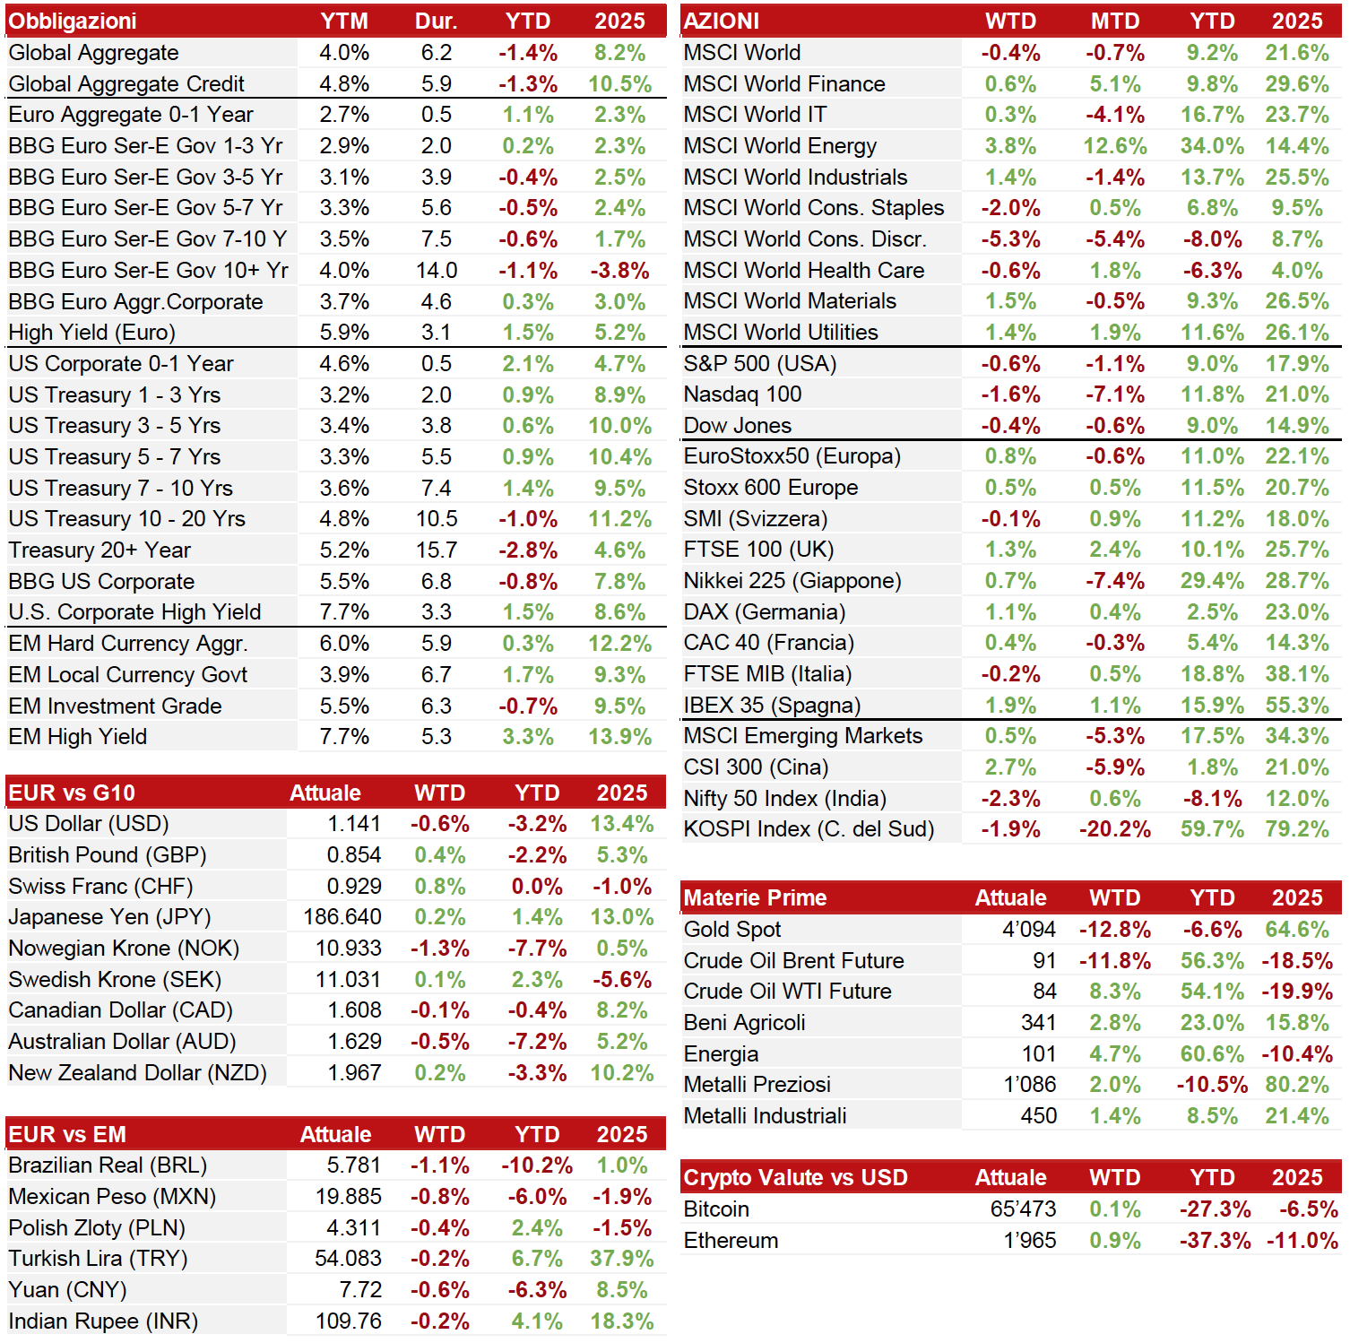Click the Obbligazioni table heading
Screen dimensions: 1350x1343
pyautogui.click(x=73, y=21)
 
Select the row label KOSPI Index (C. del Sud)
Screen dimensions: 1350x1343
pyautogui.click(x=809, y=829)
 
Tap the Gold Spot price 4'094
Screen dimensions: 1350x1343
pyautogui.click(x=1029, y=930)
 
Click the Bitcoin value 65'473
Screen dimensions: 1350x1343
pyautogui.click(x=1023, y=1209)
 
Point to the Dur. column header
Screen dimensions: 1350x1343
pyautogui.click(x=437, y=21)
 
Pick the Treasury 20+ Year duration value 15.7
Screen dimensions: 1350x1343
pyautogui.click(x=437, y=550)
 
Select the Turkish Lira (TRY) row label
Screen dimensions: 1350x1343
pyautogui.click(x=98, y=1259)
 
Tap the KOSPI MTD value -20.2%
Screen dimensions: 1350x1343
pyautogui.click(x=1115, y=829)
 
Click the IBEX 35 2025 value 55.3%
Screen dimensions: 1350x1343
pyautogui.click(x=1297, y=706)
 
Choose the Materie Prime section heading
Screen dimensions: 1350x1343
pyautogui.click(x=756, y=898)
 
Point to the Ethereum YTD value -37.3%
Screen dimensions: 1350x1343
pyautogui.click(x=1215, y=1241)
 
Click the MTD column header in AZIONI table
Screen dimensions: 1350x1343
pyautogui.click(x=1115, y=21)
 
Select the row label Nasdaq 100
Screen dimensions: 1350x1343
pyautogui.click(x=743, y=394)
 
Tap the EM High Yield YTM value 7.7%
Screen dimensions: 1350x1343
pyautogui.click(x=344, y=737)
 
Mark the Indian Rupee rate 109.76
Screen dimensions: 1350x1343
pyautogui.click(x=348, y=1321)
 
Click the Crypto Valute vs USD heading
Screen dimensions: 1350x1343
pyautogui.click(x=796, y=1178)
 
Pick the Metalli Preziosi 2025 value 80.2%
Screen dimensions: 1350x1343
pyautogui.click(x=1297, y=1085)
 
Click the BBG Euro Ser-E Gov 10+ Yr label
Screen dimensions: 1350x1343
pyautogui.click(x=148, y=271)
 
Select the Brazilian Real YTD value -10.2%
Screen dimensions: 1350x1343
pyautogui.click(x=537, y=1165)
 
